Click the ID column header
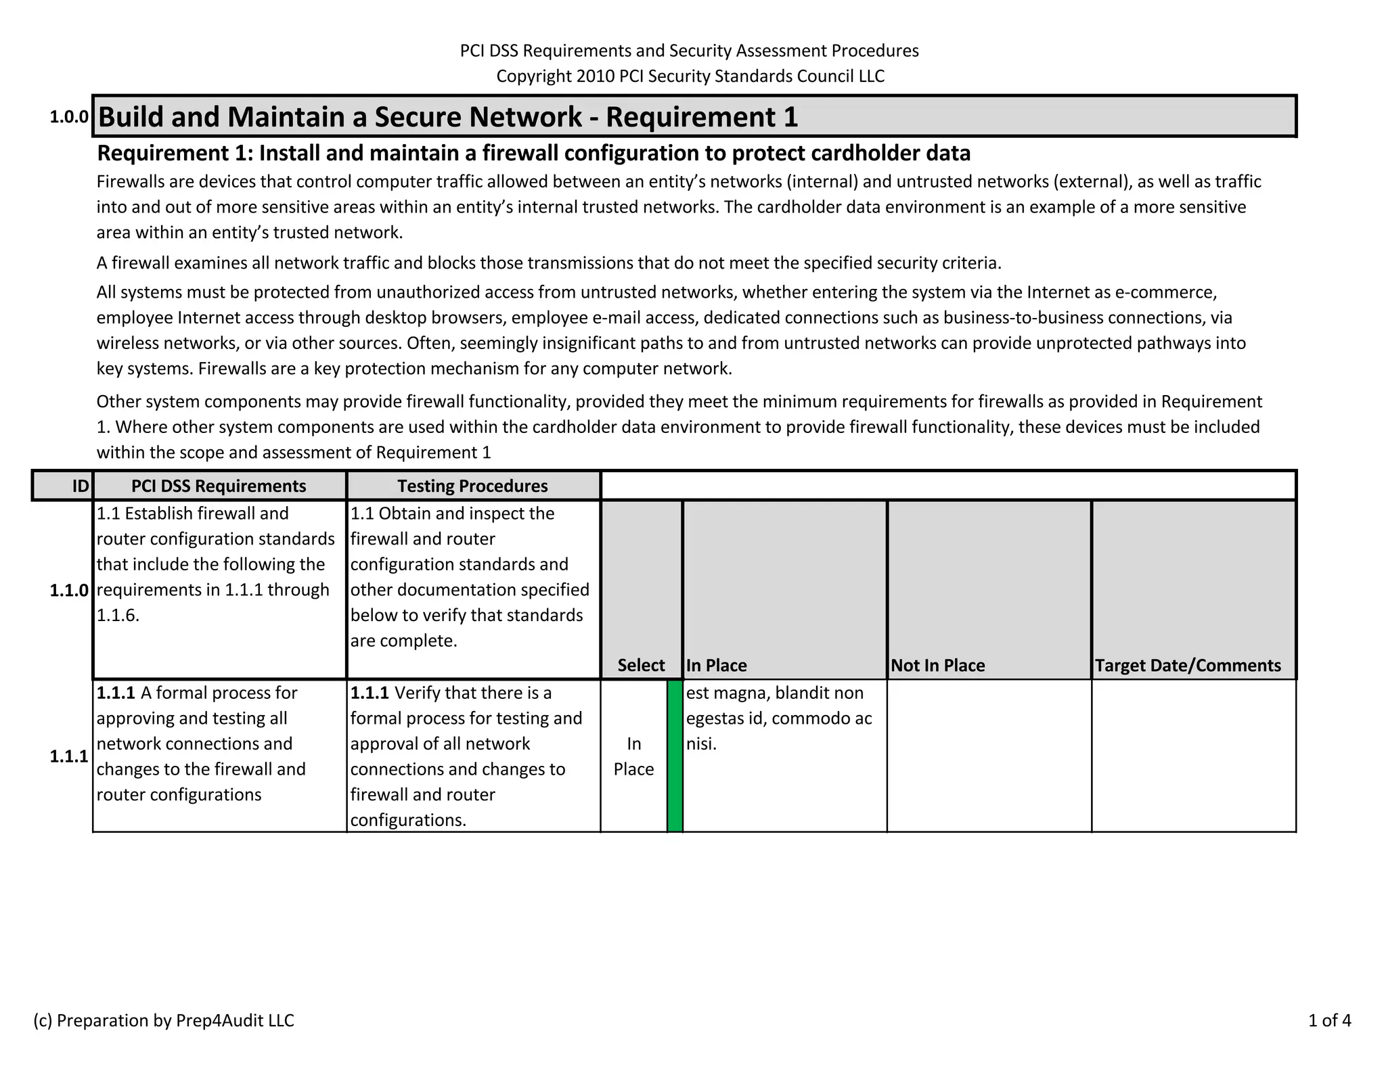(80, 486)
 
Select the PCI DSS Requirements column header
(219, 486)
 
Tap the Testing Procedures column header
(472, 486)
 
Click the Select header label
(641, 665)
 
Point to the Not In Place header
(937, 665)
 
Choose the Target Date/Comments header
(1188, 665)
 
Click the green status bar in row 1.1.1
(675, 756)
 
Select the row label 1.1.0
(69, 591)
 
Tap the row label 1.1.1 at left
(69, 756)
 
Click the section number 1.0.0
(69, 117)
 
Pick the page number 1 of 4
(1329, 1020)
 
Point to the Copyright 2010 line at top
(690, 76)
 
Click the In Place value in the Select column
(633, 756)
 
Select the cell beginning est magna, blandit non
(778, 718)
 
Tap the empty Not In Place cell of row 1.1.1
(989, 756)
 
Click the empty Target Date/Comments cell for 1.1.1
(1193, 756)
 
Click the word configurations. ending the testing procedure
(408, 820)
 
